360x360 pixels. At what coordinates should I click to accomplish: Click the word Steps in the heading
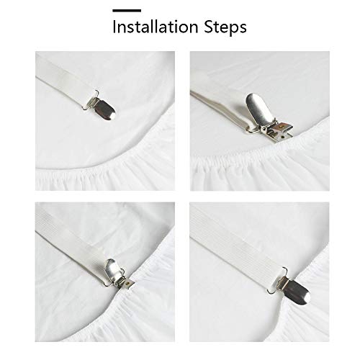pyautogui.click(x=224, y=30)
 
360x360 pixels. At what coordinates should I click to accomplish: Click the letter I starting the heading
pyautogui.click(x=114, y=29)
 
